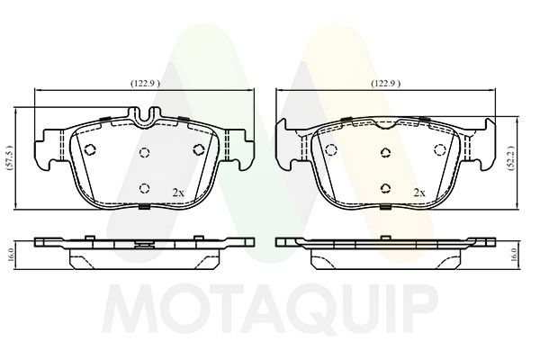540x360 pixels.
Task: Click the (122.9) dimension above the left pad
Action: click(x=145, y=84)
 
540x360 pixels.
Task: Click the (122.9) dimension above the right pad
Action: click(x=385, y=84)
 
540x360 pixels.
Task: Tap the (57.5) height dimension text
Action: click(x=10, y=158)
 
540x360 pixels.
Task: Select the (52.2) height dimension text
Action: click(x=512, y=158)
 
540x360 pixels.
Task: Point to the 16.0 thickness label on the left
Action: click(x=10, y=254)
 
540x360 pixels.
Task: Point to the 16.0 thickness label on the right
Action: click(x=514, y=255)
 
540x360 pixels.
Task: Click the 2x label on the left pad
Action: click(x=178, y=193)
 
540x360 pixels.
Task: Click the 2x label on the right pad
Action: click(x=419, y=193)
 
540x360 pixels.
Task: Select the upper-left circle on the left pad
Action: click(x=90, y=149)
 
